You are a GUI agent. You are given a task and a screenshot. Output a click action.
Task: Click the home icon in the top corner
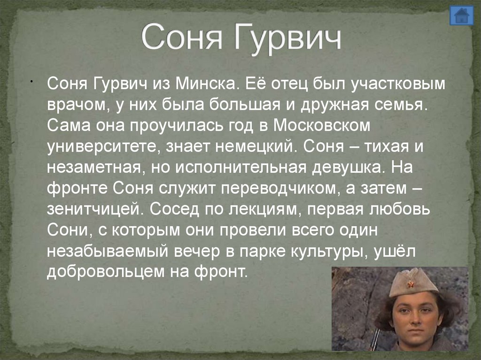pyautogui.click(x=462, y=15)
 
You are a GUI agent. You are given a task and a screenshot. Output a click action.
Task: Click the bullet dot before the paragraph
pyautogui.click(x=30, y=81)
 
